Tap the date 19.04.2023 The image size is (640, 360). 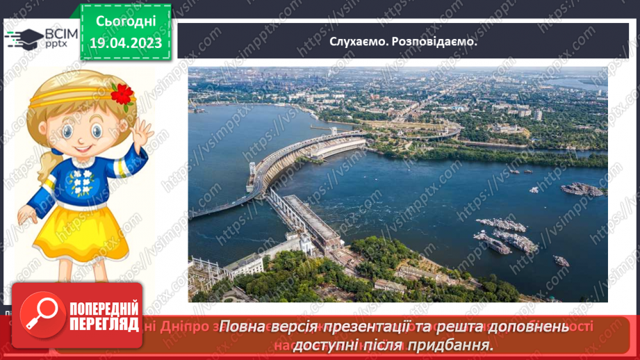coord(125,43)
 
